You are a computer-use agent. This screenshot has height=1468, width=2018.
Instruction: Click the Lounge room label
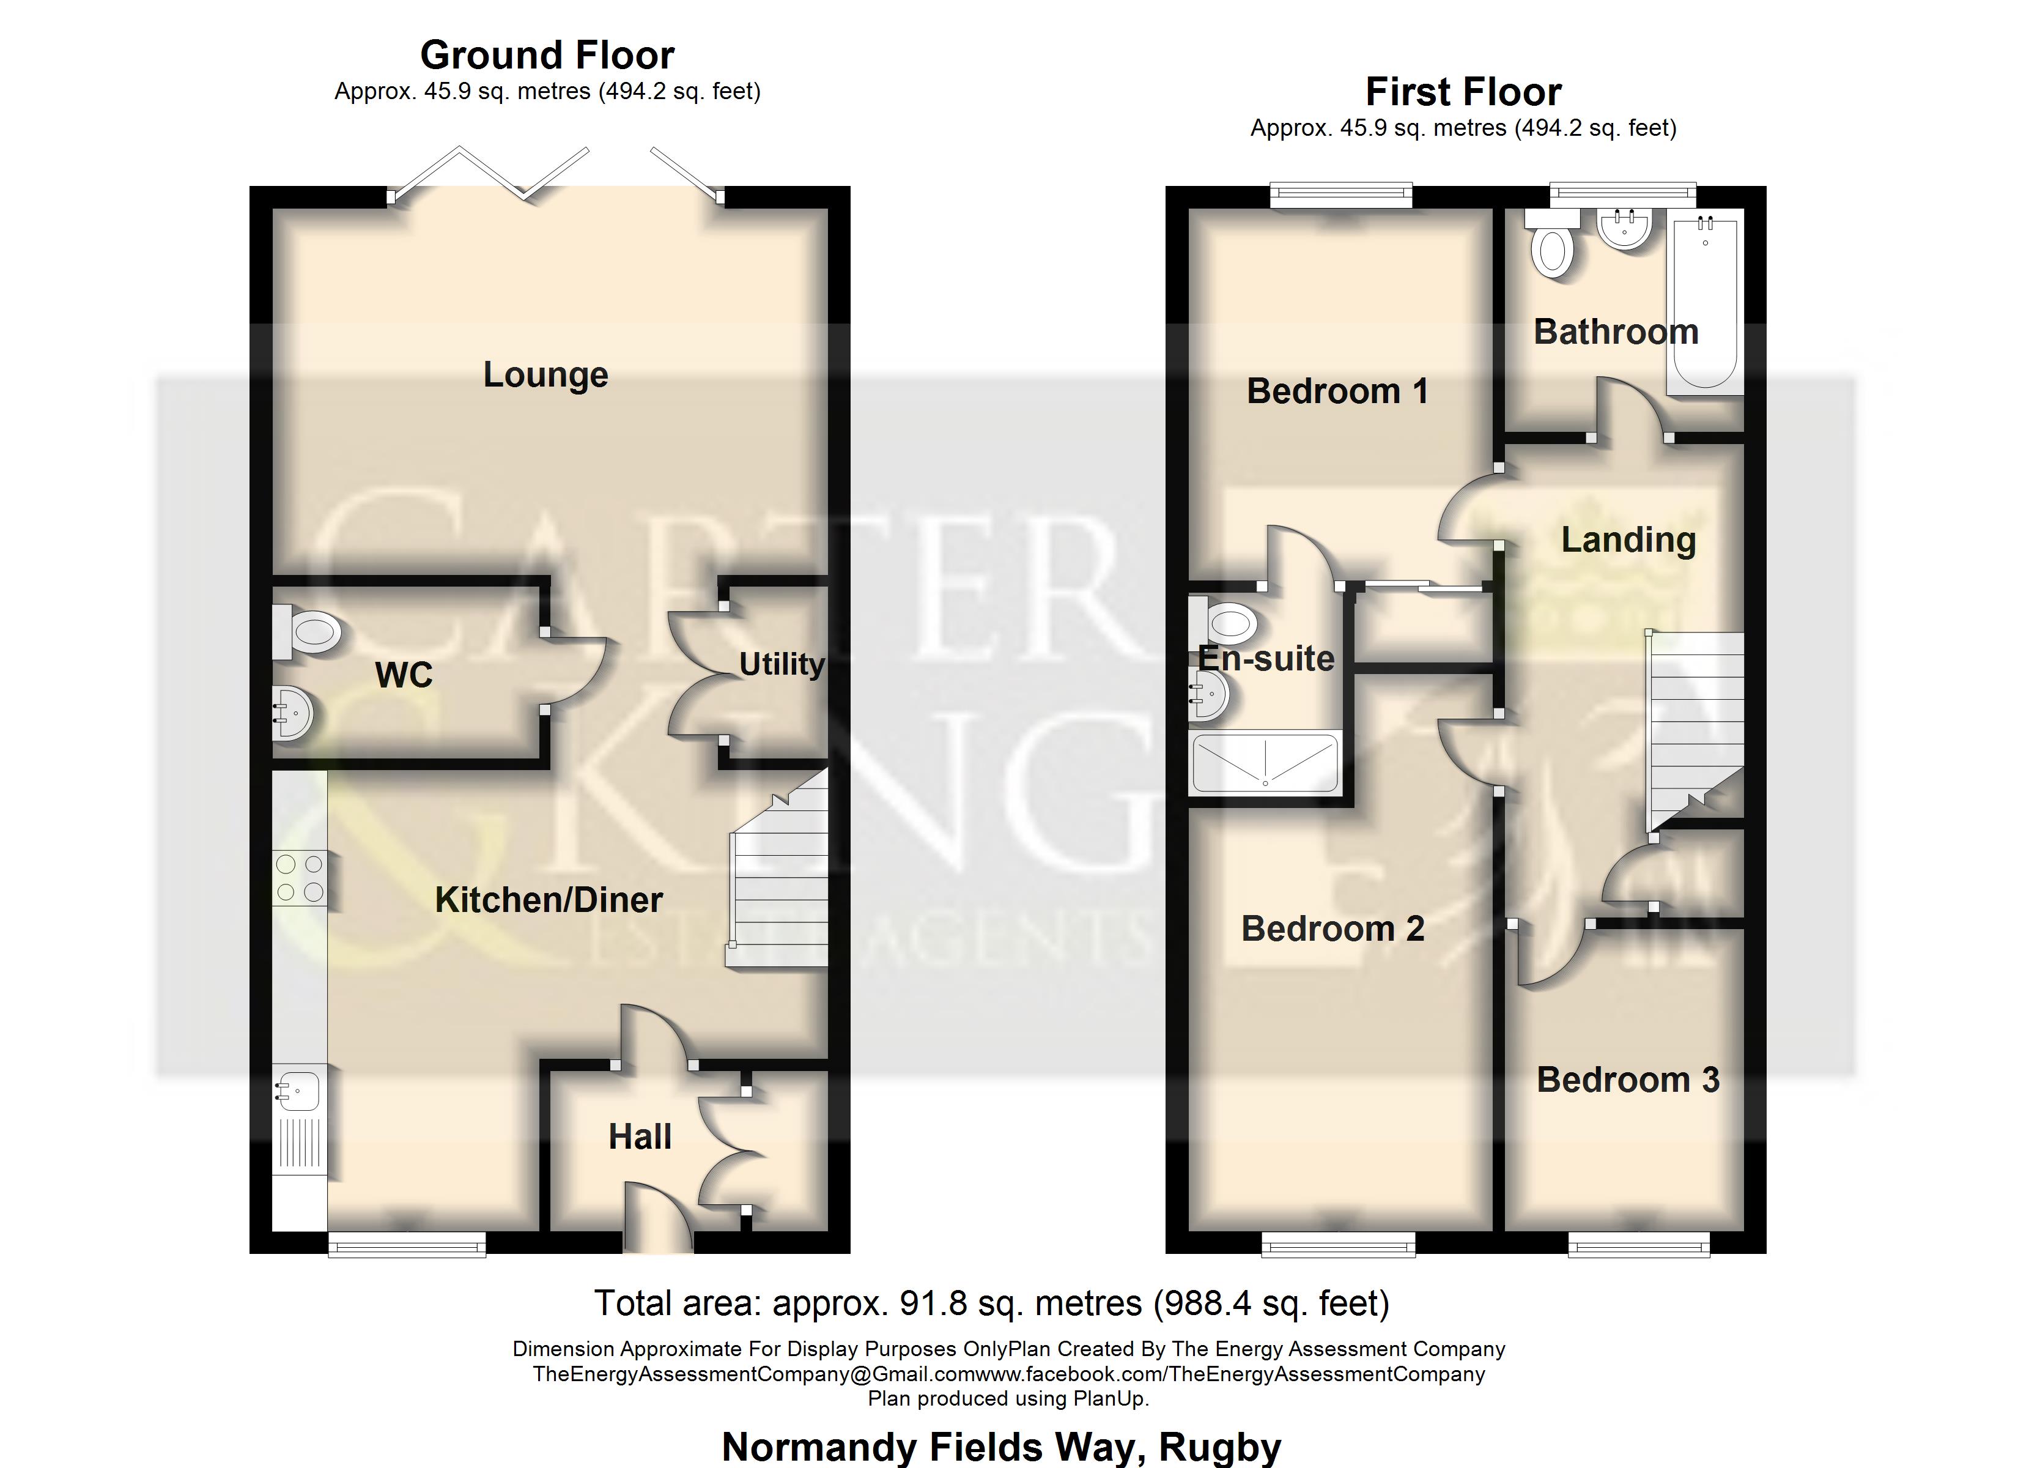pos(545,375)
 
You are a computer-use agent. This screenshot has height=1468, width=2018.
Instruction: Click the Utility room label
pos(782,664)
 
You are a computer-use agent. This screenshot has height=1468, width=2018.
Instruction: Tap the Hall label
pos(640,1137)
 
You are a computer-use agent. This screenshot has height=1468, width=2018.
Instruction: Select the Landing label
pos(1628,540)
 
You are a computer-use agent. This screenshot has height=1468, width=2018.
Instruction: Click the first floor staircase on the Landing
pos(1695,721)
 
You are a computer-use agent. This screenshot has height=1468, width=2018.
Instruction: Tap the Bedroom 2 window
pos(1338,1245)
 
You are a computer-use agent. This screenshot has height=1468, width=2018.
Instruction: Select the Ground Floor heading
pos(547,55)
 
